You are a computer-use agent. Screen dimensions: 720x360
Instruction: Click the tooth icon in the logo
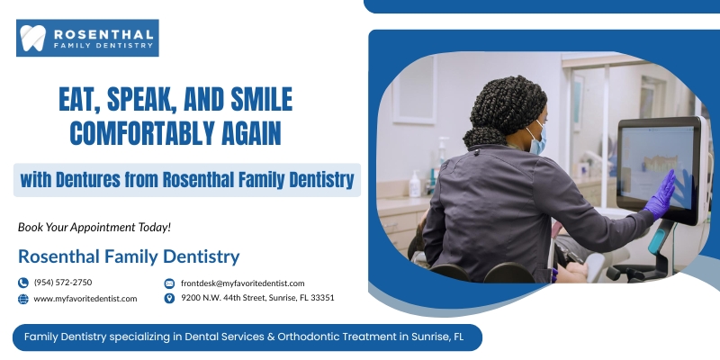(33, 38)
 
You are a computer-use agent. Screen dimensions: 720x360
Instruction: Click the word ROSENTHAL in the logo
(103, 34)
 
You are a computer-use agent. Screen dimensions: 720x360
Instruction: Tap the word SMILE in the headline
(261, 99)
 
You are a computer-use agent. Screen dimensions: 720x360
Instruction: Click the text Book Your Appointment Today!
(94, 227)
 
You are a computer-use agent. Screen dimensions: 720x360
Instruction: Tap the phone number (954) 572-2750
(63, 283)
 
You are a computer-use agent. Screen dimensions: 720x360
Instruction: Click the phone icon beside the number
(23, 283)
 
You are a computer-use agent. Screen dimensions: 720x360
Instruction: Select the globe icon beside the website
(23, 299)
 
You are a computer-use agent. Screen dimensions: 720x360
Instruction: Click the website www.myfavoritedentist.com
(85, 299)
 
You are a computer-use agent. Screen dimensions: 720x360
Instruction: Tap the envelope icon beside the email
(169, 283)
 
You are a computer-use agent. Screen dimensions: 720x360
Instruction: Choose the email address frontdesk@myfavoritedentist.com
(242, 283)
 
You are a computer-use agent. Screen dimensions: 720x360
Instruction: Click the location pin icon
(169, 299)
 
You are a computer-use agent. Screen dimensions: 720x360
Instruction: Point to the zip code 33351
(322, 298)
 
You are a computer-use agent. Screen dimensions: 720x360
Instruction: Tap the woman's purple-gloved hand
(661, 194)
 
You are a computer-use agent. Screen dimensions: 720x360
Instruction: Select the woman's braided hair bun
(480, 137)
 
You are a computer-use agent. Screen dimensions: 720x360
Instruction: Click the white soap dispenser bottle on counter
(415, 184)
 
